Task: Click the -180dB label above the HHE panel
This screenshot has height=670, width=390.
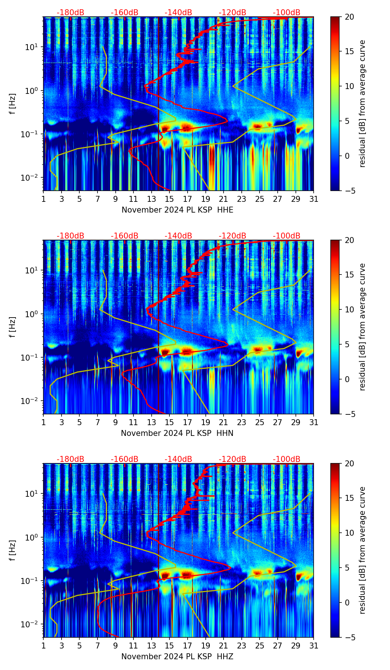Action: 70,13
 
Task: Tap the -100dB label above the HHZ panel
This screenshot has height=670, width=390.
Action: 287,459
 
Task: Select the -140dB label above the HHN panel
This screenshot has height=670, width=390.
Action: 178,236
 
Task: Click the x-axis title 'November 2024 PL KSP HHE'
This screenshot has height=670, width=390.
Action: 177,210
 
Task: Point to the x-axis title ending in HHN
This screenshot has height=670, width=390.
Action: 177,433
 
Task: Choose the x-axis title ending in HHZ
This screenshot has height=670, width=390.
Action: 177,657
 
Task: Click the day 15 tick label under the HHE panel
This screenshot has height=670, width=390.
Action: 169,199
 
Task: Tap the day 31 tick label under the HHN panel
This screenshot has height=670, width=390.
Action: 313,423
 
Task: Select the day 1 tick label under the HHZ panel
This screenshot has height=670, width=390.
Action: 44,646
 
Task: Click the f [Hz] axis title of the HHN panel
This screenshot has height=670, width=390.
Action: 13,327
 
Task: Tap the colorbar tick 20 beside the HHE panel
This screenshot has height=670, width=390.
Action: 349,17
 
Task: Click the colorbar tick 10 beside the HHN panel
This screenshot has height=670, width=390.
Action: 349,309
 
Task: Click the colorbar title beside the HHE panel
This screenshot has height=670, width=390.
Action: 363,104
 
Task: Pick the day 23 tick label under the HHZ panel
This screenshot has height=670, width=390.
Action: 241,646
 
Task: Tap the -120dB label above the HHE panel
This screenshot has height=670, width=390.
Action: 232,13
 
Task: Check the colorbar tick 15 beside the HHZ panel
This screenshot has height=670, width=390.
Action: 349,498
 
